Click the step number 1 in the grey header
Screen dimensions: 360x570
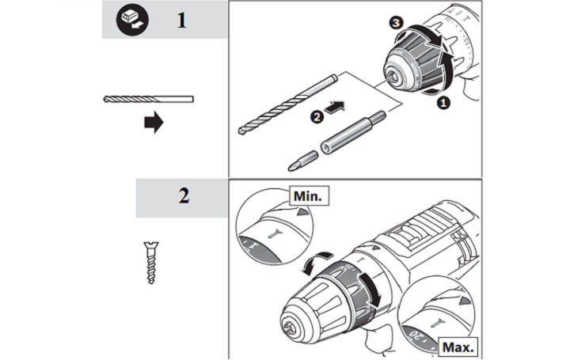coord(181,20)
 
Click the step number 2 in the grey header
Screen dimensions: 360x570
coord(183,196)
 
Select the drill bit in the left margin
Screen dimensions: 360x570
coord(148,99)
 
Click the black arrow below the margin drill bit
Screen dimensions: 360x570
coord(154,123)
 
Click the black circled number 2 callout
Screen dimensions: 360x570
coord(317,118)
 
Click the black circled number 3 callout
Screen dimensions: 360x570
coord(396,25)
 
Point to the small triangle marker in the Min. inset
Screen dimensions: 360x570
coord(299,213)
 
